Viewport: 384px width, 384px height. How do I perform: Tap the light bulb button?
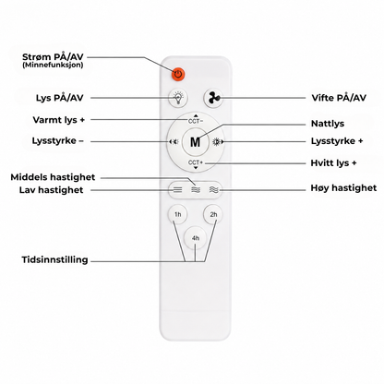(178, 98)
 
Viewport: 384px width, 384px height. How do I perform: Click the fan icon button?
(213, 98)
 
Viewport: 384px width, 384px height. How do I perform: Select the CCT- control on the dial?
(196, 120)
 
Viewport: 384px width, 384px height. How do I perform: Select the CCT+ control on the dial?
(196, 163)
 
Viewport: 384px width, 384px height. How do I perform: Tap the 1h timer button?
(177, 214)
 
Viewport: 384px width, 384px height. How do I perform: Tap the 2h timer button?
(213, 214)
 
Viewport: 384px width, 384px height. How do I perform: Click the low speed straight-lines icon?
(177, 190)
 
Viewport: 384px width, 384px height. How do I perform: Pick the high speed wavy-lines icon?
(213, 190)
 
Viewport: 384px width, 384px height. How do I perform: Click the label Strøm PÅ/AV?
(53, 57)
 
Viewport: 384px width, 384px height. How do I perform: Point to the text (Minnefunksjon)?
(53, 65)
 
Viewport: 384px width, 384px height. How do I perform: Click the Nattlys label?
(328, 124)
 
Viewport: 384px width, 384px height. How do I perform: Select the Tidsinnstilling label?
(54, 259)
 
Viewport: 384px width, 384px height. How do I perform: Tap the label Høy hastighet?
(343, 188)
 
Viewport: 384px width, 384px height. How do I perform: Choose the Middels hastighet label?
(53, 177)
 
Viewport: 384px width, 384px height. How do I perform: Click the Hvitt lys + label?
(333, 162)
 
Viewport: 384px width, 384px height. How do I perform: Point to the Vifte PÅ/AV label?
(339, 98)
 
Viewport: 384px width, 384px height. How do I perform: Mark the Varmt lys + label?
(59, 120)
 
